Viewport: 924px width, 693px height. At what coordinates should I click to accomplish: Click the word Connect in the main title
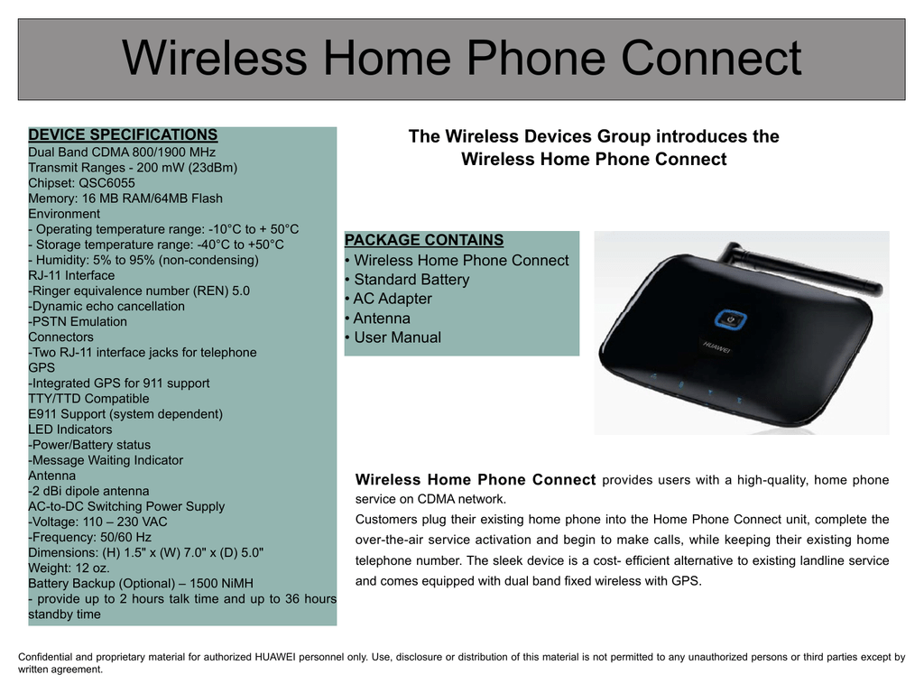[711, 59]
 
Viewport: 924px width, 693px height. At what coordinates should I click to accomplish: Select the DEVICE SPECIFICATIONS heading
[123, 135]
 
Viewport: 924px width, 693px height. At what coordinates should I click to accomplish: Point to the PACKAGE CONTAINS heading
[424, 241]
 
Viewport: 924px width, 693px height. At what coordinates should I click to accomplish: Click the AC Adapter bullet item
[393, 299]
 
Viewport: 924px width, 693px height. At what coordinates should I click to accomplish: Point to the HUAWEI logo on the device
[716, 344]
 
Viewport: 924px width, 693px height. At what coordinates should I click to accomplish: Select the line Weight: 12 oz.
[69, 568]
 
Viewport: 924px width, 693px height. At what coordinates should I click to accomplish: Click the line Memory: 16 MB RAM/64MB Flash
[125, 199]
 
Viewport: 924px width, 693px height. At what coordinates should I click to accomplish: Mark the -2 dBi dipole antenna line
[89, 492]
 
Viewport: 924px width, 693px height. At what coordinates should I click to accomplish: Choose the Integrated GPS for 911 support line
[119, 383]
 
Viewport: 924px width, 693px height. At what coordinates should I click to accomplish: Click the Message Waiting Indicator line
[106, 460]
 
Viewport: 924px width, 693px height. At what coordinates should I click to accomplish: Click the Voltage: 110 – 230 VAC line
[98, 522]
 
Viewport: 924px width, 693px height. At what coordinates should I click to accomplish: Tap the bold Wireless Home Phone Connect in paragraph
[476, 480]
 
